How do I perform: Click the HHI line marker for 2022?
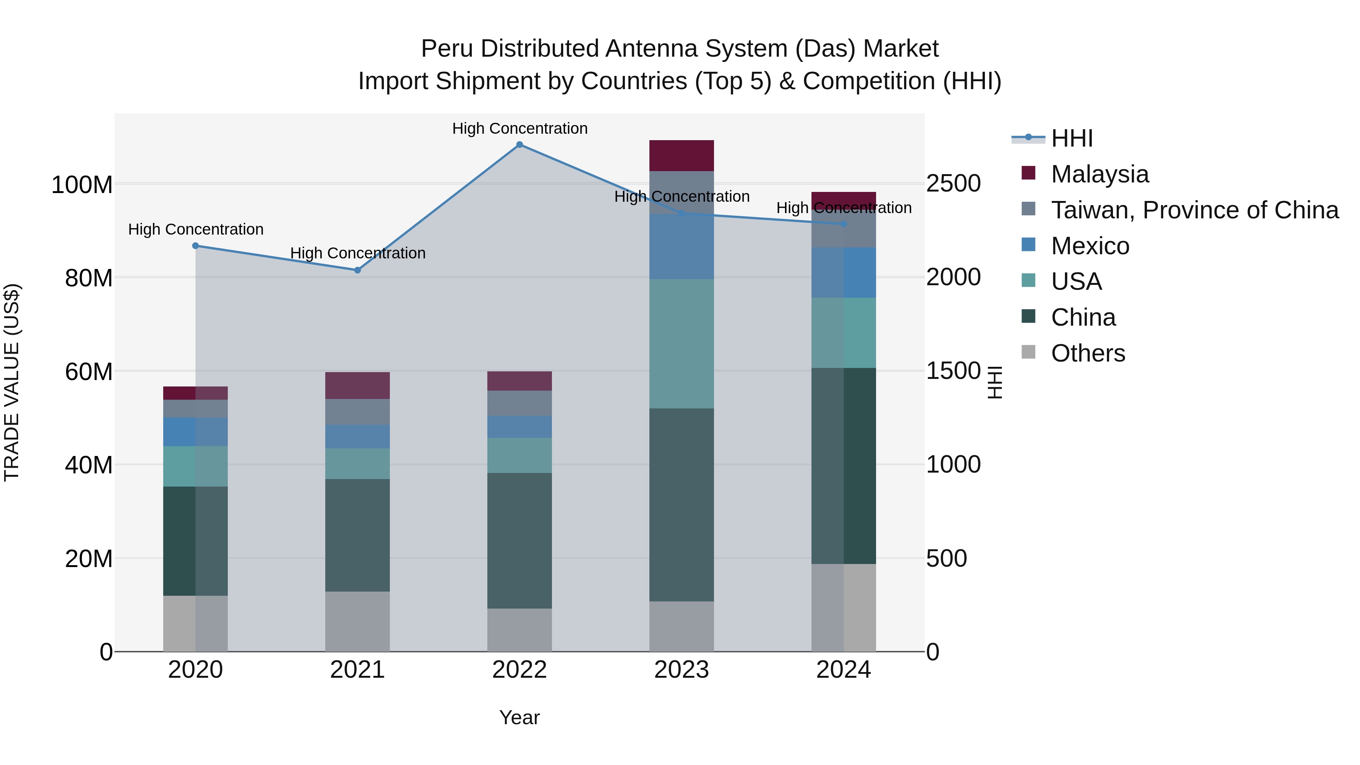pyautogui.click(x=519, y=145)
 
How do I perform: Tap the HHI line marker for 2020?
pyautogui.click(x=195, y=246)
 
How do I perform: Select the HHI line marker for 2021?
pyautogui.click(x=357, y=270)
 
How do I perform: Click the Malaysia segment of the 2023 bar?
pyautogui.click(x=681, y=156)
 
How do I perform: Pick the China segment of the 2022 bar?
pyautogui.click(x=519, y=541)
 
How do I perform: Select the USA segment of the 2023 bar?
pyautogui.click(x=681, y=344)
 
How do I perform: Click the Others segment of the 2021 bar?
pyautogui.click(x=357, y=621)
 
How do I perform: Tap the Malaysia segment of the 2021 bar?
pyautogui.click(x=357, y=385)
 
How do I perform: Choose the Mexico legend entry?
pyautogui.click(x=1089, y=246)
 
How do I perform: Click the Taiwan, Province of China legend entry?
pyautogui.click(x=1194, y=210)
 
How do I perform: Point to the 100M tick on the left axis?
pyautogui.click(x=82, y=185)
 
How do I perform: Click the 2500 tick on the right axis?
pyautogui.click(x=953, y=184)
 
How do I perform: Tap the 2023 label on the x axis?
pyautogui.click(x=681, y=670)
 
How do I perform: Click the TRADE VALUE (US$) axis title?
pyautogui.click(x=12, y=382)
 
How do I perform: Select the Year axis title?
pyautogui.click(x=519, y=717)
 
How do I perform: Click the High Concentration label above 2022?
pyautogui.click(x=519, y=128)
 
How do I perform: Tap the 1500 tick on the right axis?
pyautogui.click(x=953, y=371)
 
